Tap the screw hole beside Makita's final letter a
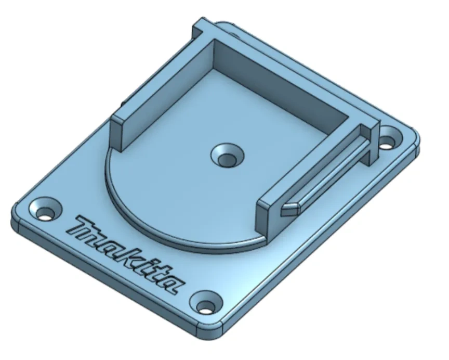[x=207, y=304]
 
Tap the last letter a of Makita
[x=173, y=281]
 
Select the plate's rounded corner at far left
[x=16, y=213]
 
